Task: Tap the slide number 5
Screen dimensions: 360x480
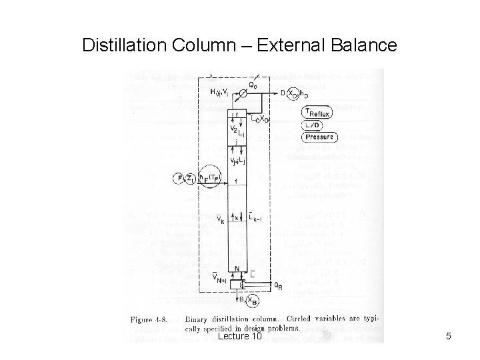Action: coord(448,337)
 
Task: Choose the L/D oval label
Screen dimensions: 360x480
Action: coord(314,125)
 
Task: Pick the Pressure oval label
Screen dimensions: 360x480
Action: coord(318,137)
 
